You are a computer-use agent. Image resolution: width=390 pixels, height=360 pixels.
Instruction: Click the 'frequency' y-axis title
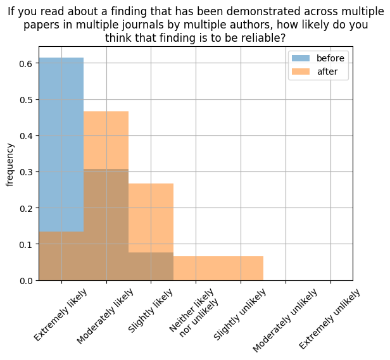[10, 164]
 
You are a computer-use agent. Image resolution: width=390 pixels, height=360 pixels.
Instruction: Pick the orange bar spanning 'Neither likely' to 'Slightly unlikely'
[218, 268]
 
